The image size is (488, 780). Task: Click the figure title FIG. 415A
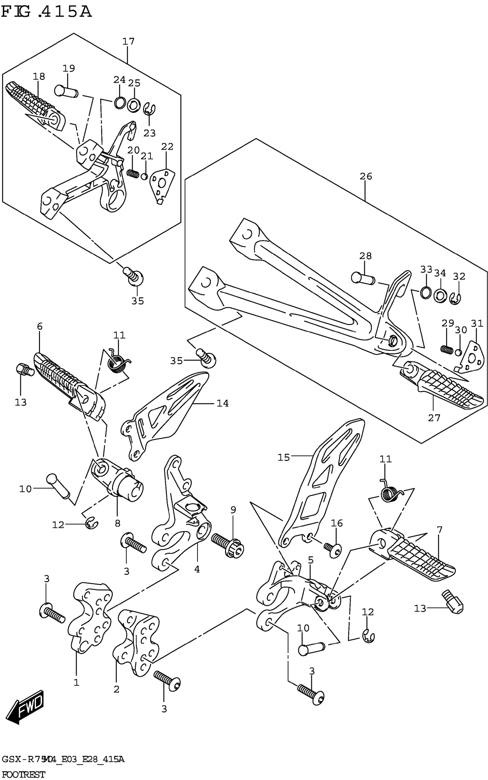click(x=47, y=12)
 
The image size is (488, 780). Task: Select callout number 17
click(x=128, y=42)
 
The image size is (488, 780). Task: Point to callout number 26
click(x=366, y=176)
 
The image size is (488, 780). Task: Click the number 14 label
click(x=223, y=403)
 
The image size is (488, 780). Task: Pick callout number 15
click(x=284, y=457)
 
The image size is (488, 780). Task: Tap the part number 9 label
click(x=233, y=510)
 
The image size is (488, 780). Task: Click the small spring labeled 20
click(x=132, y=174)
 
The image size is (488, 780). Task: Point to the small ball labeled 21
click(x=145, y=176)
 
